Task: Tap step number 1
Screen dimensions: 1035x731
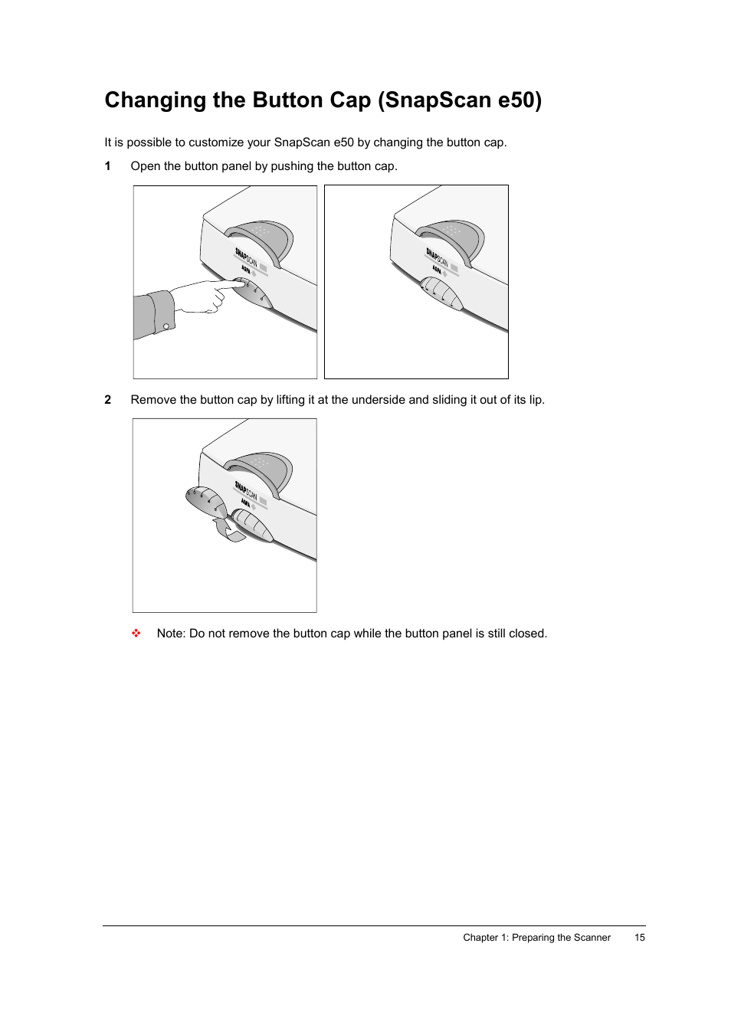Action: point(108,166)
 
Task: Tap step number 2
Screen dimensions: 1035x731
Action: point(108,400)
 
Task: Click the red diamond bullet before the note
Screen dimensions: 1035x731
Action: point(136,634)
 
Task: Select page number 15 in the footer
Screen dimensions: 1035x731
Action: point(639,938)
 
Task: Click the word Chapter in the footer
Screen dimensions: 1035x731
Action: point(480,938)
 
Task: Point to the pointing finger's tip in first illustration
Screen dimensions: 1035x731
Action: point(244,283)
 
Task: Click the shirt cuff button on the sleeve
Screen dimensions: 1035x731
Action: point(166,326)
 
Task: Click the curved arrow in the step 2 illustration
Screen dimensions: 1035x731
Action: point(228,529)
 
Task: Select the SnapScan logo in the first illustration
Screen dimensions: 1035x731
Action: point(246,258)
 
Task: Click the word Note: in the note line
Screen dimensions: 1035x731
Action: point(171,634)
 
